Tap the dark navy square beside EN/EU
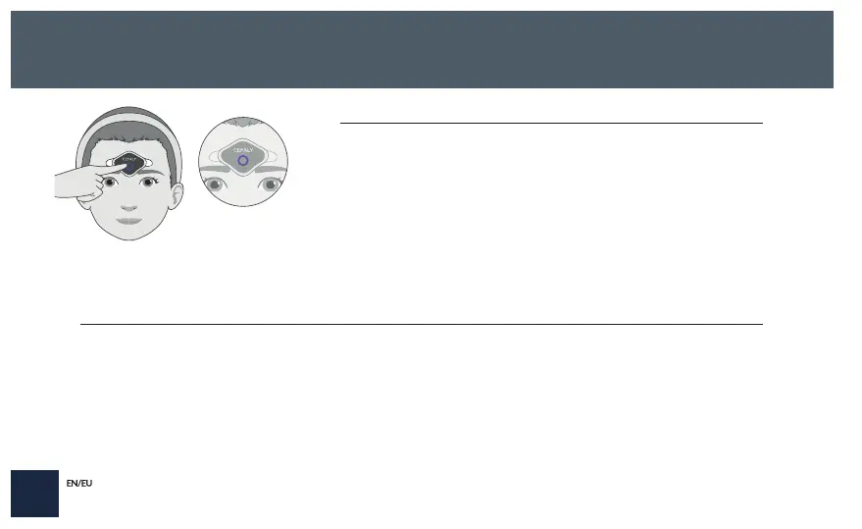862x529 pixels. click(x=34, y=493)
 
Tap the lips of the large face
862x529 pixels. click(x=129, y=221)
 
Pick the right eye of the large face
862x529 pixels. click(x=149, y=182)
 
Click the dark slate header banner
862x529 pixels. click(x=422, y=49)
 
